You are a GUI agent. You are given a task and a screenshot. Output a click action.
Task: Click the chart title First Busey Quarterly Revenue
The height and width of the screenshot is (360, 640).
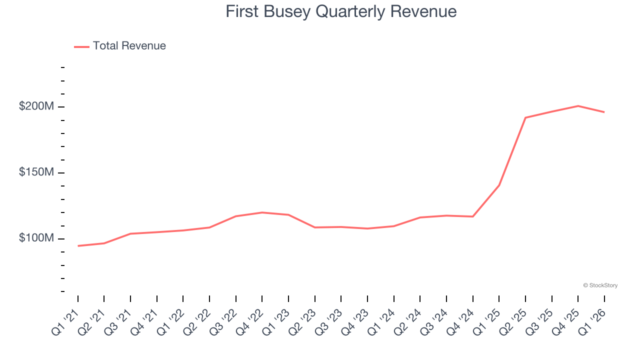tap(341, 11)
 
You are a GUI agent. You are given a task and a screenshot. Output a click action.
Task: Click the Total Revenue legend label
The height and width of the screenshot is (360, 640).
tap(129, 46)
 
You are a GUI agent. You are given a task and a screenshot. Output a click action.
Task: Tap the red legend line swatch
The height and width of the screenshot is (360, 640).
tap(81, 46)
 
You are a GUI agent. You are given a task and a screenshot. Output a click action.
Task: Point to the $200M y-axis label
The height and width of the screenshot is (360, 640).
tap(36, 106)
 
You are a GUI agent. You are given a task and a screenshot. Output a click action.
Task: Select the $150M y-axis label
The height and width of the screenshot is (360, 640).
tap(36, 172)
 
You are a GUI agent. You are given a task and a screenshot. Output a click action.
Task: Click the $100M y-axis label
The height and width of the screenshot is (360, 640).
tap(36, 238)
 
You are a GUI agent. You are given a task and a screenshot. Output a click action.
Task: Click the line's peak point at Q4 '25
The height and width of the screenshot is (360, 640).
tap(578, 106)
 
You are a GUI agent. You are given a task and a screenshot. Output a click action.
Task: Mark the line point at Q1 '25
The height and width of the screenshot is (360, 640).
tap(499, 185)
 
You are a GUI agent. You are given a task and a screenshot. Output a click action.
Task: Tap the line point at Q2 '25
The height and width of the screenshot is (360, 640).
tap(525, 117)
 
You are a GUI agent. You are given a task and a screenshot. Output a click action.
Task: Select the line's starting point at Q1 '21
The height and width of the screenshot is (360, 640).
tap(78, 246)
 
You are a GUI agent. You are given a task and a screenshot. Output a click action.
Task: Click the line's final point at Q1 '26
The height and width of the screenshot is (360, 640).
tap(604, 112)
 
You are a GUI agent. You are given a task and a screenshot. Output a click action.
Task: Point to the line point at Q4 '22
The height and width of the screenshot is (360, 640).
tap(262, 212)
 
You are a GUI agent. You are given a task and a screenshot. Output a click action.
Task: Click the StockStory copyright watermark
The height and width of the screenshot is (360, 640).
tap(600, 285)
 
